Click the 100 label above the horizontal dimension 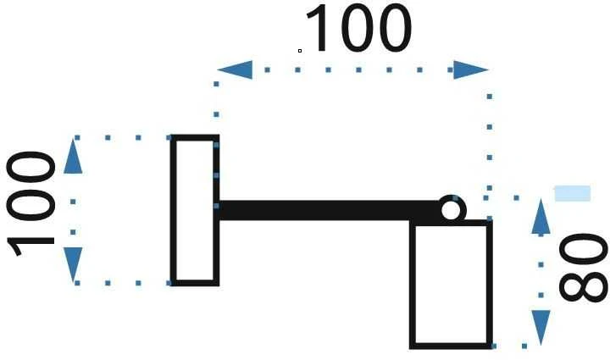pos(358,28)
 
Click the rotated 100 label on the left pos(30,203)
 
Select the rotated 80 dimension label pos(583,268)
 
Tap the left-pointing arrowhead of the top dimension pos(235,70)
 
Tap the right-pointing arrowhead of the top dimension pos(471,70)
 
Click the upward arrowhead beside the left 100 pos(73,156)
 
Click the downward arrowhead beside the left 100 pos(73,265)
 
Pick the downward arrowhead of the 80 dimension pos(541,328)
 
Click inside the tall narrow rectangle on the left pos(195,210)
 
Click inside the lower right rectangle pos(451,285)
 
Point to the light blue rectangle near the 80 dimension pos(572,193)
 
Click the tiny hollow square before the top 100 pos(300,51)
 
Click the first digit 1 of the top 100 pos(317,28)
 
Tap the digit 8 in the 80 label pos(583,287)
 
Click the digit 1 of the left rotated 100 pos(30,245)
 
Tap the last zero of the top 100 pos(394,28)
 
